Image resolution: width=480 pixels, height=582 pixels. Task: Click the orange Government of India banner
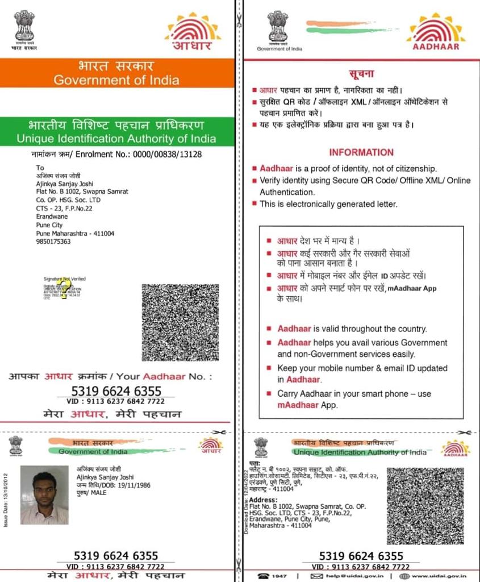pyautogui.click(x=116, y=73)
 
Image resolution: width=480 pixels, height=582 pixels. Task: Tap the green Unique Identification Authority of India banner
pyautogui.click(x=116, y=131)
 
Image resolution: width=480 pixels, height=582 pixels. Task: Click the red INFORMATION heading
pyautogui.click(x=361, y=152)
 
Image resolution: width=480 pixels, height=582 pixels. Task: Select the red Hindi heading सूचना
pyautogui.click(x=361, y=74)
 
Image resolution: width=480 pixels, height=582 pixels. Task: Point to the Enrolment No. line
pyautogui.click(x=116, y=154)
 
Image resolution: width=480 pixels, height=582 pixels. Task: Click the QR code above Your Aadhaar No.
pyautogui.click(x=180, y=322)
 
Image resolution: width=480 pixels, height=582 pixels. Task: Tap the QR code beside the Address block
pyautogui.click(x=425, y=505)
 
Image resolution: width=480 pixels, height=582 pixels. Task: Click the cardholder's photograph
pyautogui.click(x=44, y=494)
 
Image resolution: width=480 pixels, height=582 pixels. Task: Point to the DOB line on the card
pyautogui.click(x=107, y=485)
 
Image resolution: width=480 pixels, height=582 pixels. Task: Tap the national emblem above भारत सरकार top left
pyautogui.click(x=24, y=26)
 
